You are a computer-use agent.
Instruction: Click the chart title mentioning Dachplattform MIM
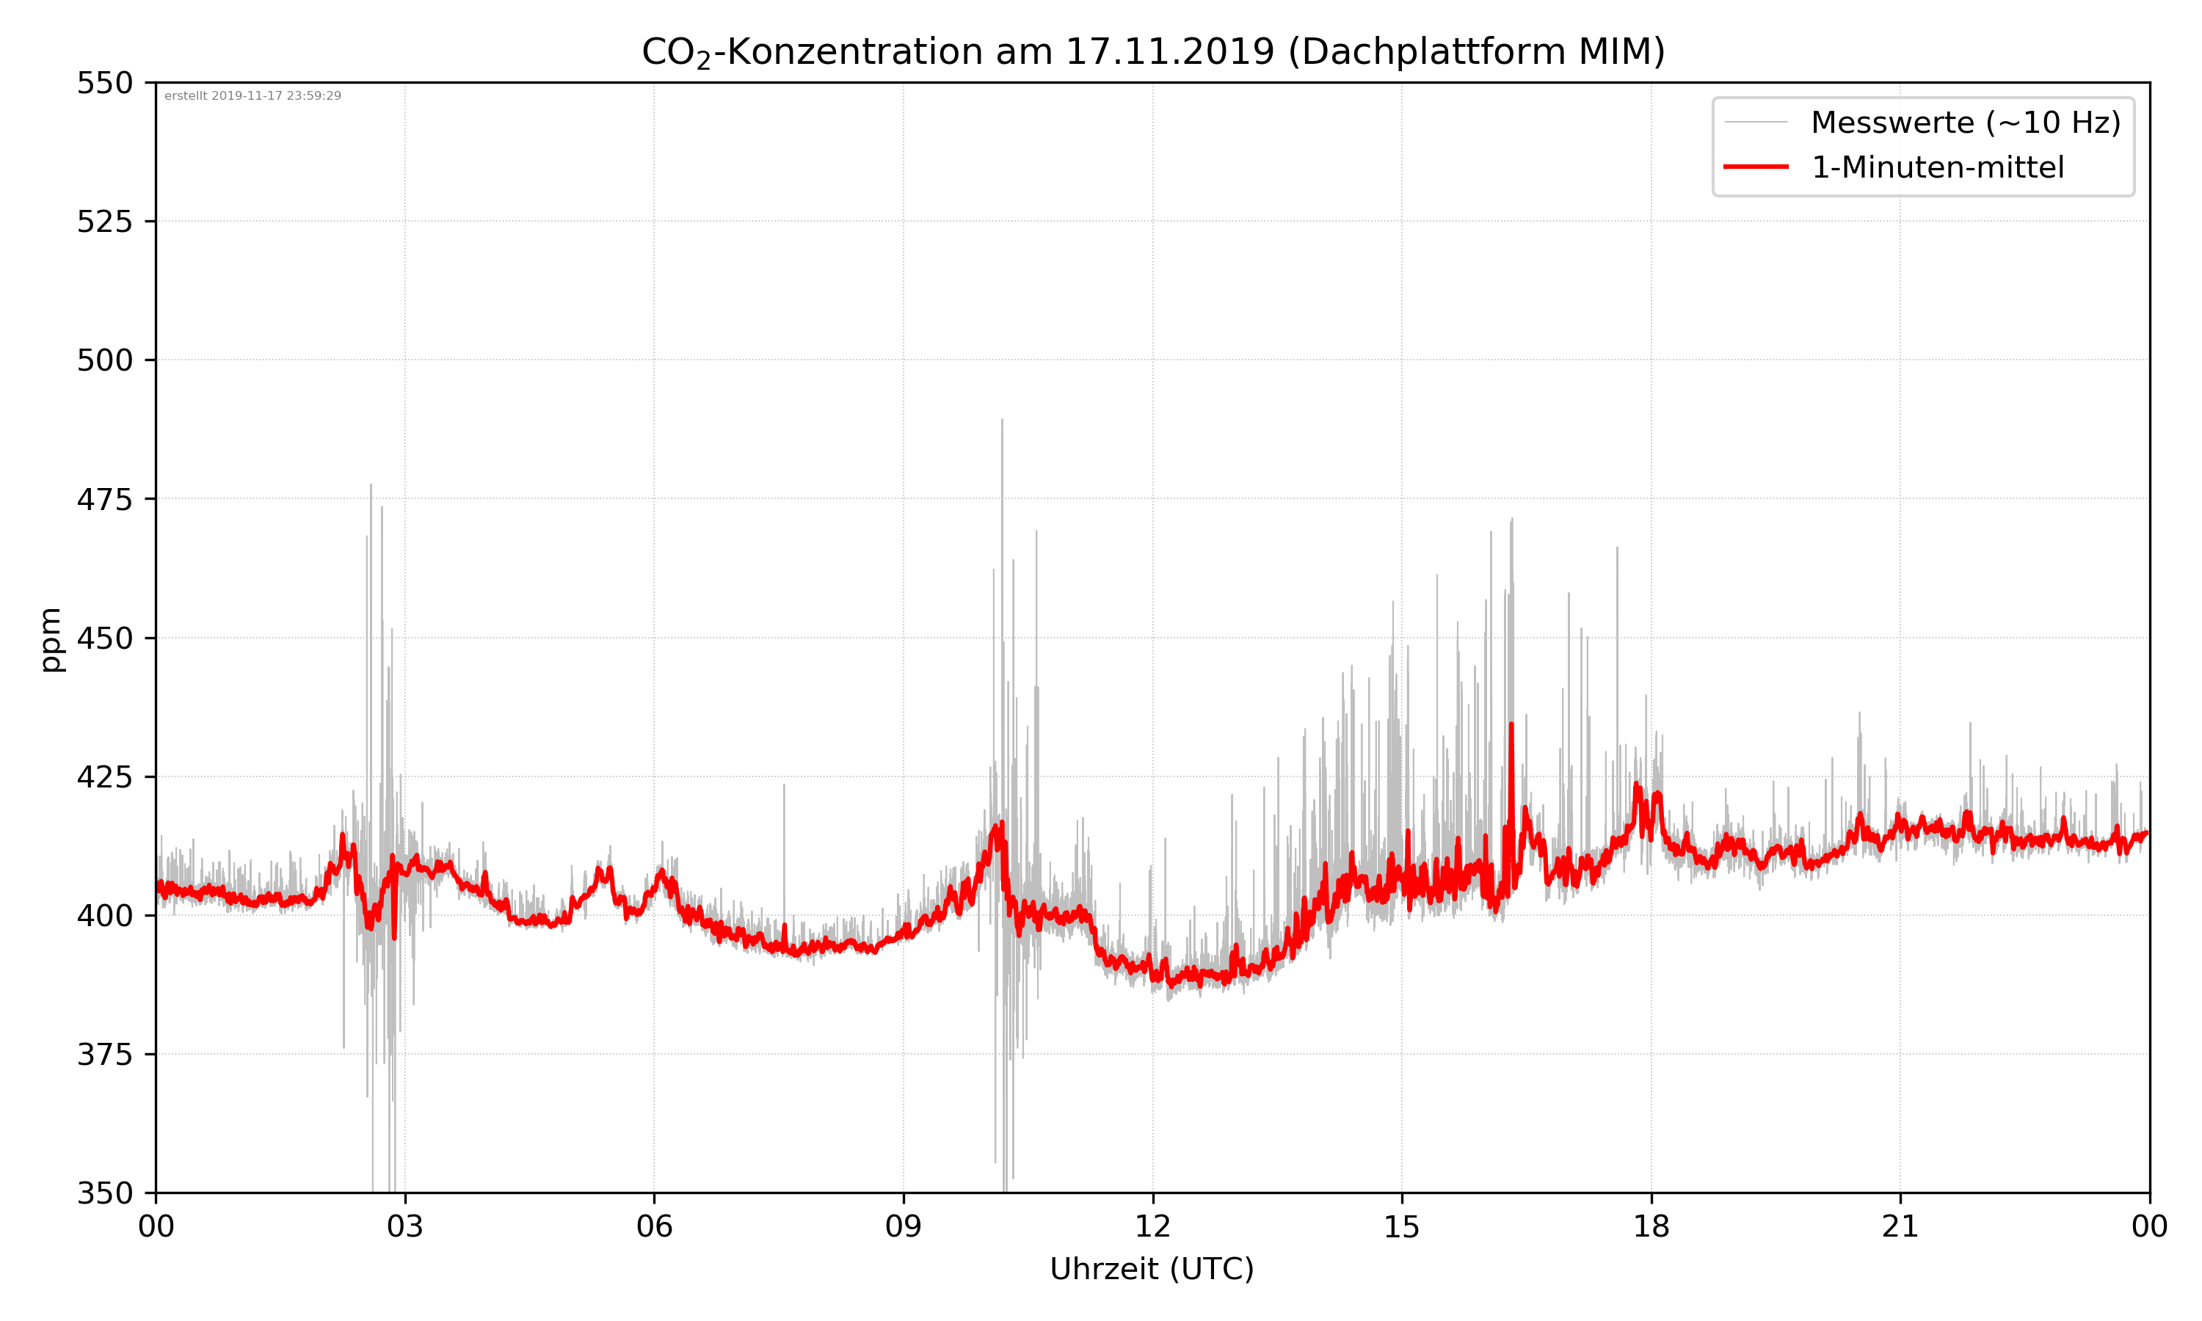(1152, 51)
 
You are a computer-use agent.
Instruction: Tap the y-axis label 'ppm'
(51, 639)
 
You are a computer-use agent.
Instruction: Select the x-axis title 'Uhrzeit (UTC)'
(1152, 1268)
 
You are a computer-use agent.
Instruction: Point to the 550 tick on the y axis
(104, 83)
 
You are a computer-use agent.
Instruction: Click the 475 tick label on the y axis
(104, 499)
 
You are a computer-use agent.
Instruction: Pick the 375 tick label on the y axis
(104, 1055)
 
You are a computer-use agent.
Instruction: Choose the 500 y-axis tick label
(104, 360)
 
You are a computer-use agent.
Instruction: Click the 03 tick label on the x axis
(405, 1226)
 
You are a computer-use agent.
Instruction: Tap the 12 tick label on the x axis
(1152, 1226)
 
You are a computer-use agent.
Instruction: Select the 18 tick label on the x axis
(1651, 1226)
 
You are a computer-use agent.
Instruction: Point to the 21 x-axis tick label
(1900, 1226)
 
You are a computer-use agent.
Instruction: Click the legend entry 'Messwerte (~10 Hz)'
(1965, 123)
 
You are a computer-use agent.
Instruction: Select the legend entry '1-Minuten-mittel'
(1938, 167)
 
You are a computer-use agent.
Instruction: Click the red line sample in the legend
(1755, 167)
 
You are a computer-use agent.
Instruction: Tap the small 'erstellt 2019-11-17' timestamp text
(252, 96)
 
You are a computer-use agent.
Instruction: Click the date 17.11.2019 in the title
(1169, 51)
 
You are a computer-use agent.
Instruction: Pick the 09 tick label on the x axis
(904, 1226)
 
